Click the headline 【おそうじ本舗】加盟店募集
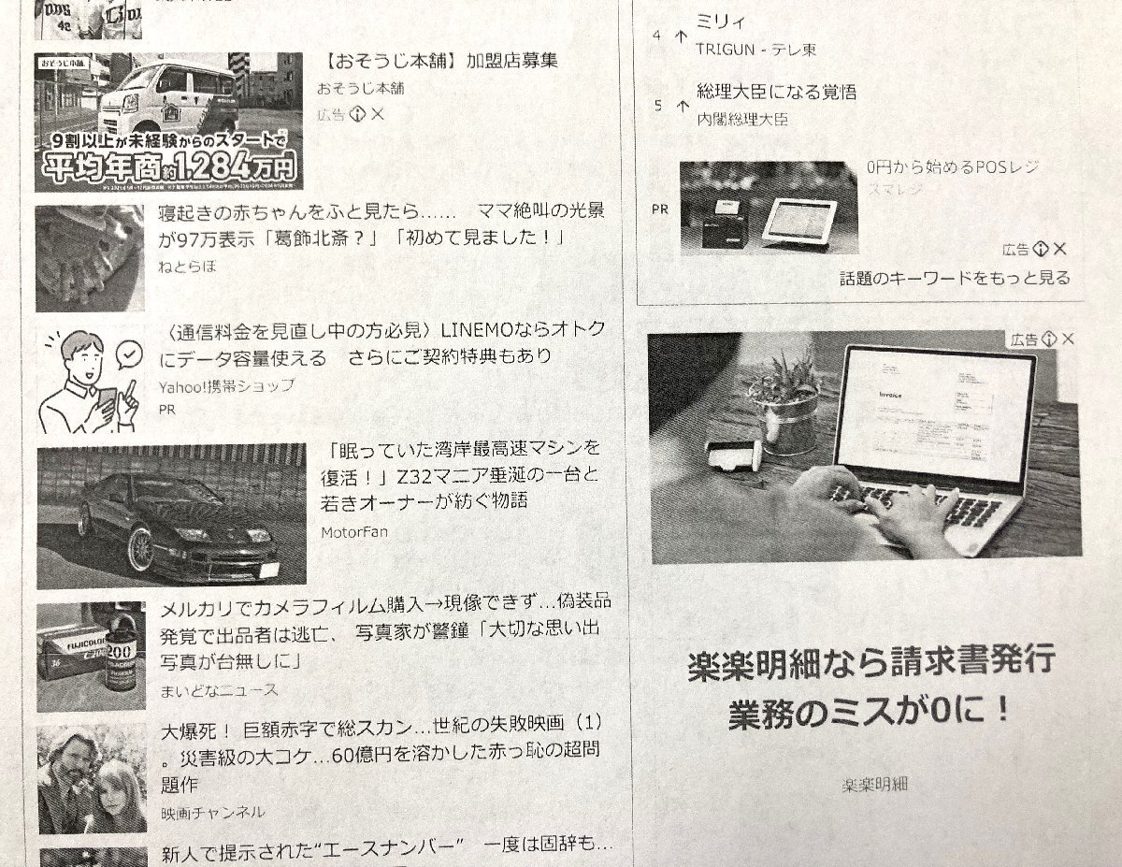(x=438, y=62)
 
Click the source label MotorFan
(x=353, y=532)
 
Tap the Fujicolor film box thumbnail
(x=91, y=646)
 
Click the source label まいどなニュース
(x=219, y=690)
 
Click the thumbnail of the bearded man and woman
(x=92, y=777)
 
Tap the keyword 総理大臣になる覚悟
(x=776, y=93)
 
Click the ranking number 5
(x=657, y=106)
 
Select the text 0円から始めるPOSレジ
(x=952, y=167)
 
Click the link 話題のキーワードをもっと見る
(x=954, y=278)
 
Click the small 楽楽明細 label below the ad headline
(x=874, y=784)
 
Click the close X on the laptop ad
(x=1067, y=339)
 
